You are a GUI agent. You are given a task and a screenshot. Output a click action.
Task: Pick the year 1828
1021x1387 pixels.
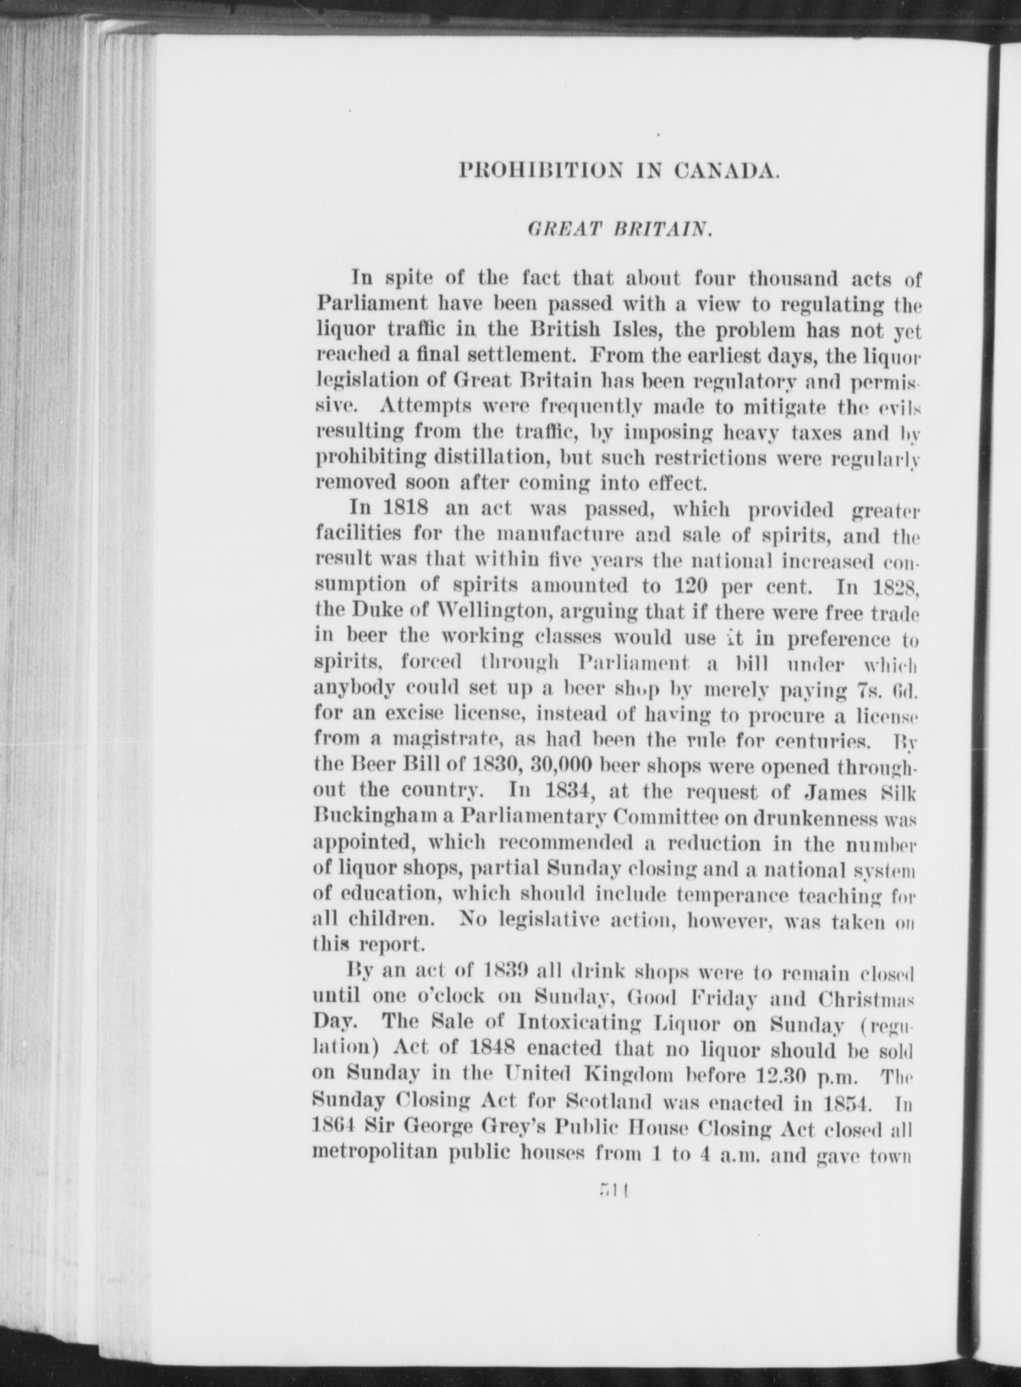896,586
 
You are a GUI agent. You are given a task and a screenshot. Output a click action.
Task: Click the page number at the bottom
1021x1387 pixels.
614,1191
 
